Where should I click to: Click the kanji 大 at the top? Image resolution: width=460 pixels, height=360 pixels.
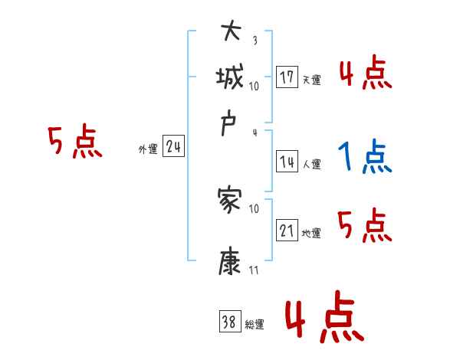231,33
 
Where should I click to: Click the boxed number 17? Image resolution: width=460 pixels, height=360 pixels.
287,78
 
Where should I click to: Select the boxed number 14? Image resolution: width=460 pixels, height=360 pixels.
287,162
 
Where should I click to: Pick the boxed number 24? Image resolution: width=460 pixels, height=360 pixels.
173,147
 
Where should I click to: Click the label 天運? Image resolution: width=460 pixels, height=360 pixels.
311,80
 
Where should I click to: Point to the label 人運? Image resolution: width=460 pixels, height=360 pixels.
311,163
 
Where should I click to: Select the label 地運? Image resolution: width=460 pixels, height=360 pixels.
311,233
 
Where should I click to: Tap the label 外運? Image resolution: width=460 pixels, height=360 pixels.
148,149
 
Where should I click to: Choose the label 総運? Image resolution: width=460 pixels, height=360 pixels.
254,324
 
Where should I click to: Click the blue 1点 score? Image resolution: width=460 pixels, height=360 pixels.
365,155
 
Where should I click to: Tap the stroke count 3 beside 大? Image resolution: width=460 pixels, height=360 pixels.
255,41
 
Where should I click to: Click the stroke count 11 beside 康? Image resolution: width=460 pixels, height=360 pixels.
254,270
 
